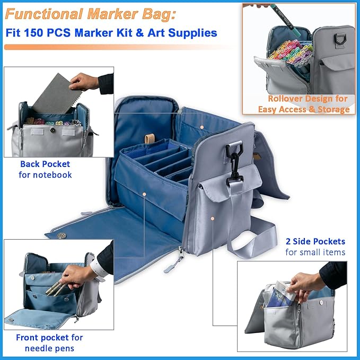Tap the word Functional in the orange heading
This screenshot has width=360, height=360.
pos(44,14)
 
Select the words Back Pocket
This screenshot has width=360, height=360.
pos(45,164)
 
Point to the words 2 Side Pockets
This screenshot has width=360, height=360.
pos(315,242)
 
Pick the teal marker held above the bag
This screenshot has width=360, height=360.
pos(285,20)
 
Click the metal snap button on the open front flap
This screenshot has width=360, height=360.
pos(62,235)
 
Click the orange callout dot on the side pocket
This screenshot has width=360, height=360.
pos(213,218)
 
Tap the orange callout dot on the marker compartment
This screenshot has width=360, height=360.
pos(144,194)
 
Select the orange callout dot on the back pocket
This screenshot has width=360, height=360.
pos(202,127)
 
